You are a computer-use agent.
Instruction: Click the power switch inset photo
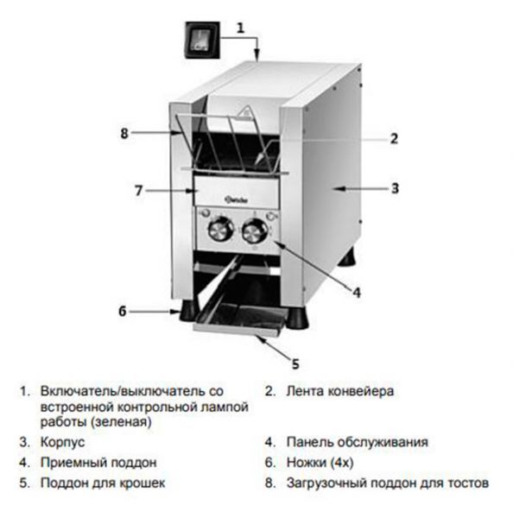click(x=202, y=41)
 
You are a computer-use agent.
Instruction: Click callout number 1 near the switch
click(x=241, y=28)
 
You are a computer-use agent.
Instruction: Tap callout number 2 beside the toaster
click(x=394, y=138)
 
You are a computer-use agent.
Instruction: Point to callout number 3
click(x=395, y=188)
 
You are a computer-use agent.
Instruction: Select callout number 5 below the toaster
click(x=295, y=364)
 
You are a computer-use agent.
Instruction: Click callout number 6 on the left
click(x=123, y=311)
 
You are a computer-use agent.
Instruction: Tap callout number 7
click(x=138, y=191)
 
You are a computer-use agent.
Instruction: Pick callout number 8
click(x=124, y=134)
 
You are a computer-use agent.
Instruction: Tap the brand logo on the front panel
click(x=237, y=199)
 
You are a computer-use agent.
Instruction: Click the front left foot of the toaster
click(x=187, y=311)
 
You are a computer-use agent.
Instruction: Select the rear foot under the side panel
click(x=347, y=256)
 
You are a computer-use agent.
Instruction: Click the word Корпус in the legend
click(x=62, y=442)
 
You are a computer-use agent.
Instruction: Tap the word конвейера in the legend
click(x=361, y=391)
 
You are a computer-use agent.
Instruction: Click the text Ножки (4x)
click(x=320, y=462)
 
